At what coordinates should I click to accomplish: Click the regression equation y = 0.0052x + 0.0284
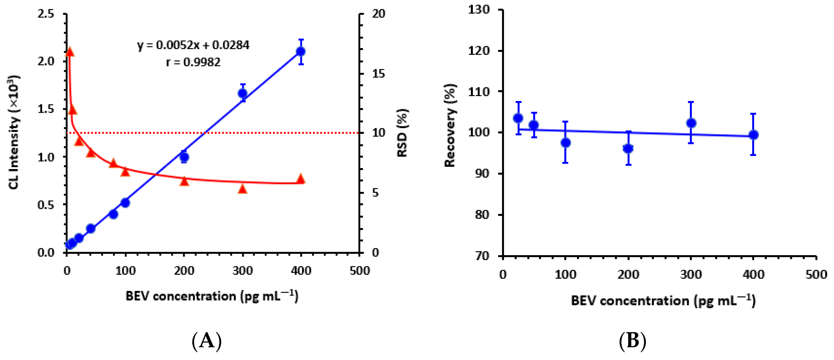click(193, 45)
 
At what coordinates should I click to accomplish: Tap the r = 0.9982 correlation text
click(193, 62)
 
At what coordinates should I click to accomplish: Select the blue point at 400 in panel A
click(301, 52)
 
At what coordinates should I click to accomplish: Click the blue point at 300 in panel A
click(243, 93)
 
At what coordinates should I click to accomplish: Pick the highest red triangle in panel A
click(69, 52)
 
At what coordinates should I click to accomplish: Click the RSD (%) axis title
click(403, 133)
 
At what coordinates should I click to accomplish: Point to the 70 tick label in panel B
click(482, 256)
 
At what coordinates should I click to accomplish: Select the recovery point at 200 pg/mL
click(628, 149)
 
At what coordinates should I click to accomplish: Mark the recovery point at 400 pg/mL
click(753, 135)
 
